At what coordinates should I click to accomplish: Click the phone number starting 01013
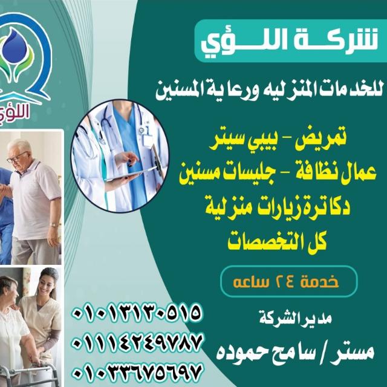[x=137, y=313]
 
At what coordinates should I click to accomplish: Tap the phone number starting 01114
[x=137, y=343]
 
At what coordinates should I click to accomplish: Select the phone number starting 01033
[x=137, y=372]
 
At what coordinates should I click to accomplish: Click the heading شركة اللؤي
[x=289, y=41]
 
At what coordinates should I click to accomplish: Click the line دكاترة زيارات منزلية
[x=278, y=206]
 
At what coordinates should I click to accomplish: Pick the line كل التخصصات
[x=277, y=240]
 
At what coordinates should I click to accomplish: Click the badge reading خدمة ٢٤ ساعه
[x=289, y=281]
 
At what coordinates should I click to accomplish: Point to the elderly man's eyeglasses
[x=17, y=157]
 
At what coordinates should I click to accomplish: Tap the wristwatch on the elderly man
[x=53, y=224]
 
